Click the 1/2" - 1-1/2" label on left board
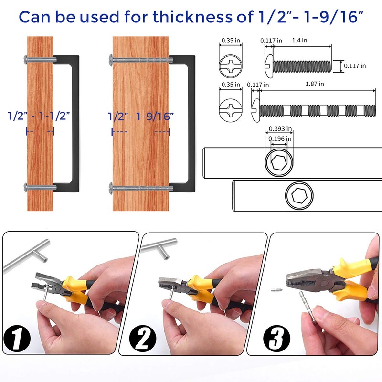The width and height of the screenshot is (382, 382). tap(39, 115)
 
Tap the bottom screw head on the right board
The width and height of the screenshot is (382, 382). tap(111, 186)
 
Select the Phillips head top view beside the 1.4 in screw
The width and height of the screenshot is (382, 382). tap(230, 65)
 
